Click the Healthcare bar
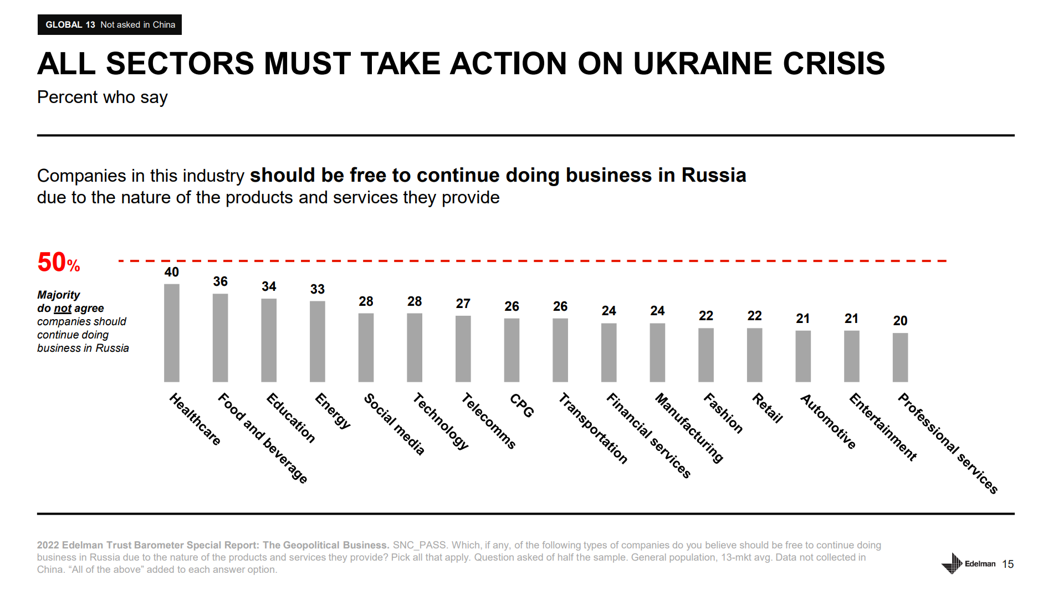pyautogui.click(x=171, y=333)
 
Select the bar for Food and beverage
pyautogui.click(x=220, y=337)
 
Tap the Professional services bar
pyautogui.click(x=900, y=357)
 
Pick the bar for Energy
pyautogui.click(x=317, y=341)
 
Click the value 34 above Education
pyautogui.click(x=269, y=286)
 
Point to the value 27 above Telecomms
pyautogui.click(x=463, y=304)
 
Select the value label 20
pyautogui.click(x=900, y=321)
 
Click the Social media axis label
pyautogui.click(x=394, y=424)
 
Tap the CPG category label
pyautogui.click(x=522, y=406)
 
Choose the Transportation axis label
pyautogui.click(x=592, y=428)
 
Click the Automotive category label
pyautogui.click(x=828, y=422)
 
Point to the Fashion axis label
pyautogui.click(x=723, y=413)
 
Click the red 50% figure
pyautogui.click(x=58, y=263)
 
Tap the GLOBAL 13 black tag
pyautogui.click(x=110, y=25)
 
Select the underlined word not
pyautogui.click(x=63, y=309)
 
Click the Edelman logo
pyautogui.click(x=968, y=563)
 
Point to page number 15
pyautogui.click(x=1008, y=564)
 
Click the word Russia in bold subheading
pyautogui.click(x=713, y=175)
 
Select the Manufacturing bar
pyautogui.click(x=657, y=353)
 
